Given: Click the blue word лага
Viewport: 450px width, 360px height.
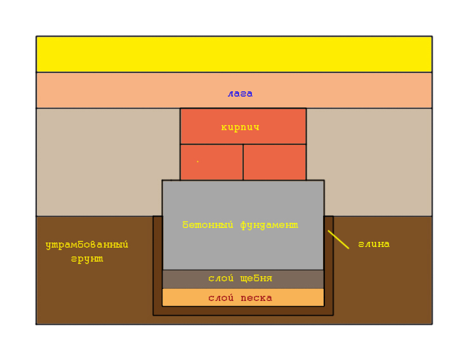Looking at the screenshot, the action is (x=240, y=93).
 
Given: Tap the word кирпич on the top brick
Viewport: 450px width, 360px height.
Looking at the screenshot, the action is (x=240, y=127).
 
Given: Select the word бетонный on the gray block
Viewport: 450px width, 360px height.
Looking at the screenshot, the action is (x=208, y=225).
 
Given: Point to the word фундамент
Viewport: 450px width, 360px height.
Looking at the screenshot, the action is (x=269, y=225).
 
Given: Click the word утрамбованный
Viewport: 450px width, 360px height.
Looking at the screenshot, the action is (x=87, y=245).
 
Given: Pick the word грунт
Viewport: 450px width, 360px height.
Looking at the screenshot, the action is (x=87, y=259).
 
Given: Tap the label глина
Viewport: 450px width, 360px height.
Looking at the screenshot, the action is (x=374, y=244).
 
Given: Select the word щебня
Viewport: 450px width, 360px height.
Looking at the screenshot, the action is (x=256, y=278).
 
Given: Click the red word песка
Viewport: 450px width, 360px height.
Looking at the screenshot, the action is (x=256, y=298).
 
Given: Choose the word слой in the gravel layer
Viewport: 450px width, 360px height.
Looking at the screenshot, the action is (x=221, y=278).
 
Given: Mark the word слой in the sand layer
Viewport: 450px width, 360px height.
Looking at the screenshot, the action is (x=221, y=298).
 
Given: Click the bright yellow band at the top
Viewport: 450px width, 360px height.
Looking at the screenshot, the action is (x=234, y=54).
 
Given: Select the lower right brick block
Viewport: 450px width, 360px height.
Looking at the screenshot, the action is (x=275, y=162).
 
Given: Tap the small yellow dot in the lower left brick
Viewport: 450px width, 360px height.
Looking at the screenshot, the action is (x=197, y=162).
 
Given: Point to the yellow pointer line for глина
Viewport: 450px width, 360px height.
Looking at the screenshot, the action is (x=338, y=239).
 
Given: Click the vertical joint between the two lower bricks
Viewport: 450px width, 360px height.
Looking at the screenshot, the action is (x=243, y=162).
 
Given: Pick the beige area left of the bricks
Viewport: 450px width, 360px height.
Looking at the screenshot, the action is (x=99, y=162).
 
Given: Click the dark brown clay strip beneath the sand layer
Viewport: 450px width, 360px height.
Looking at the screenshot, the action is (x=243, y=311).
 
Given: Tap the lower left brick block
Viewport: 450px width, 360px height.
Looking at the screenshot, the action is (x=211, y=162).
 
